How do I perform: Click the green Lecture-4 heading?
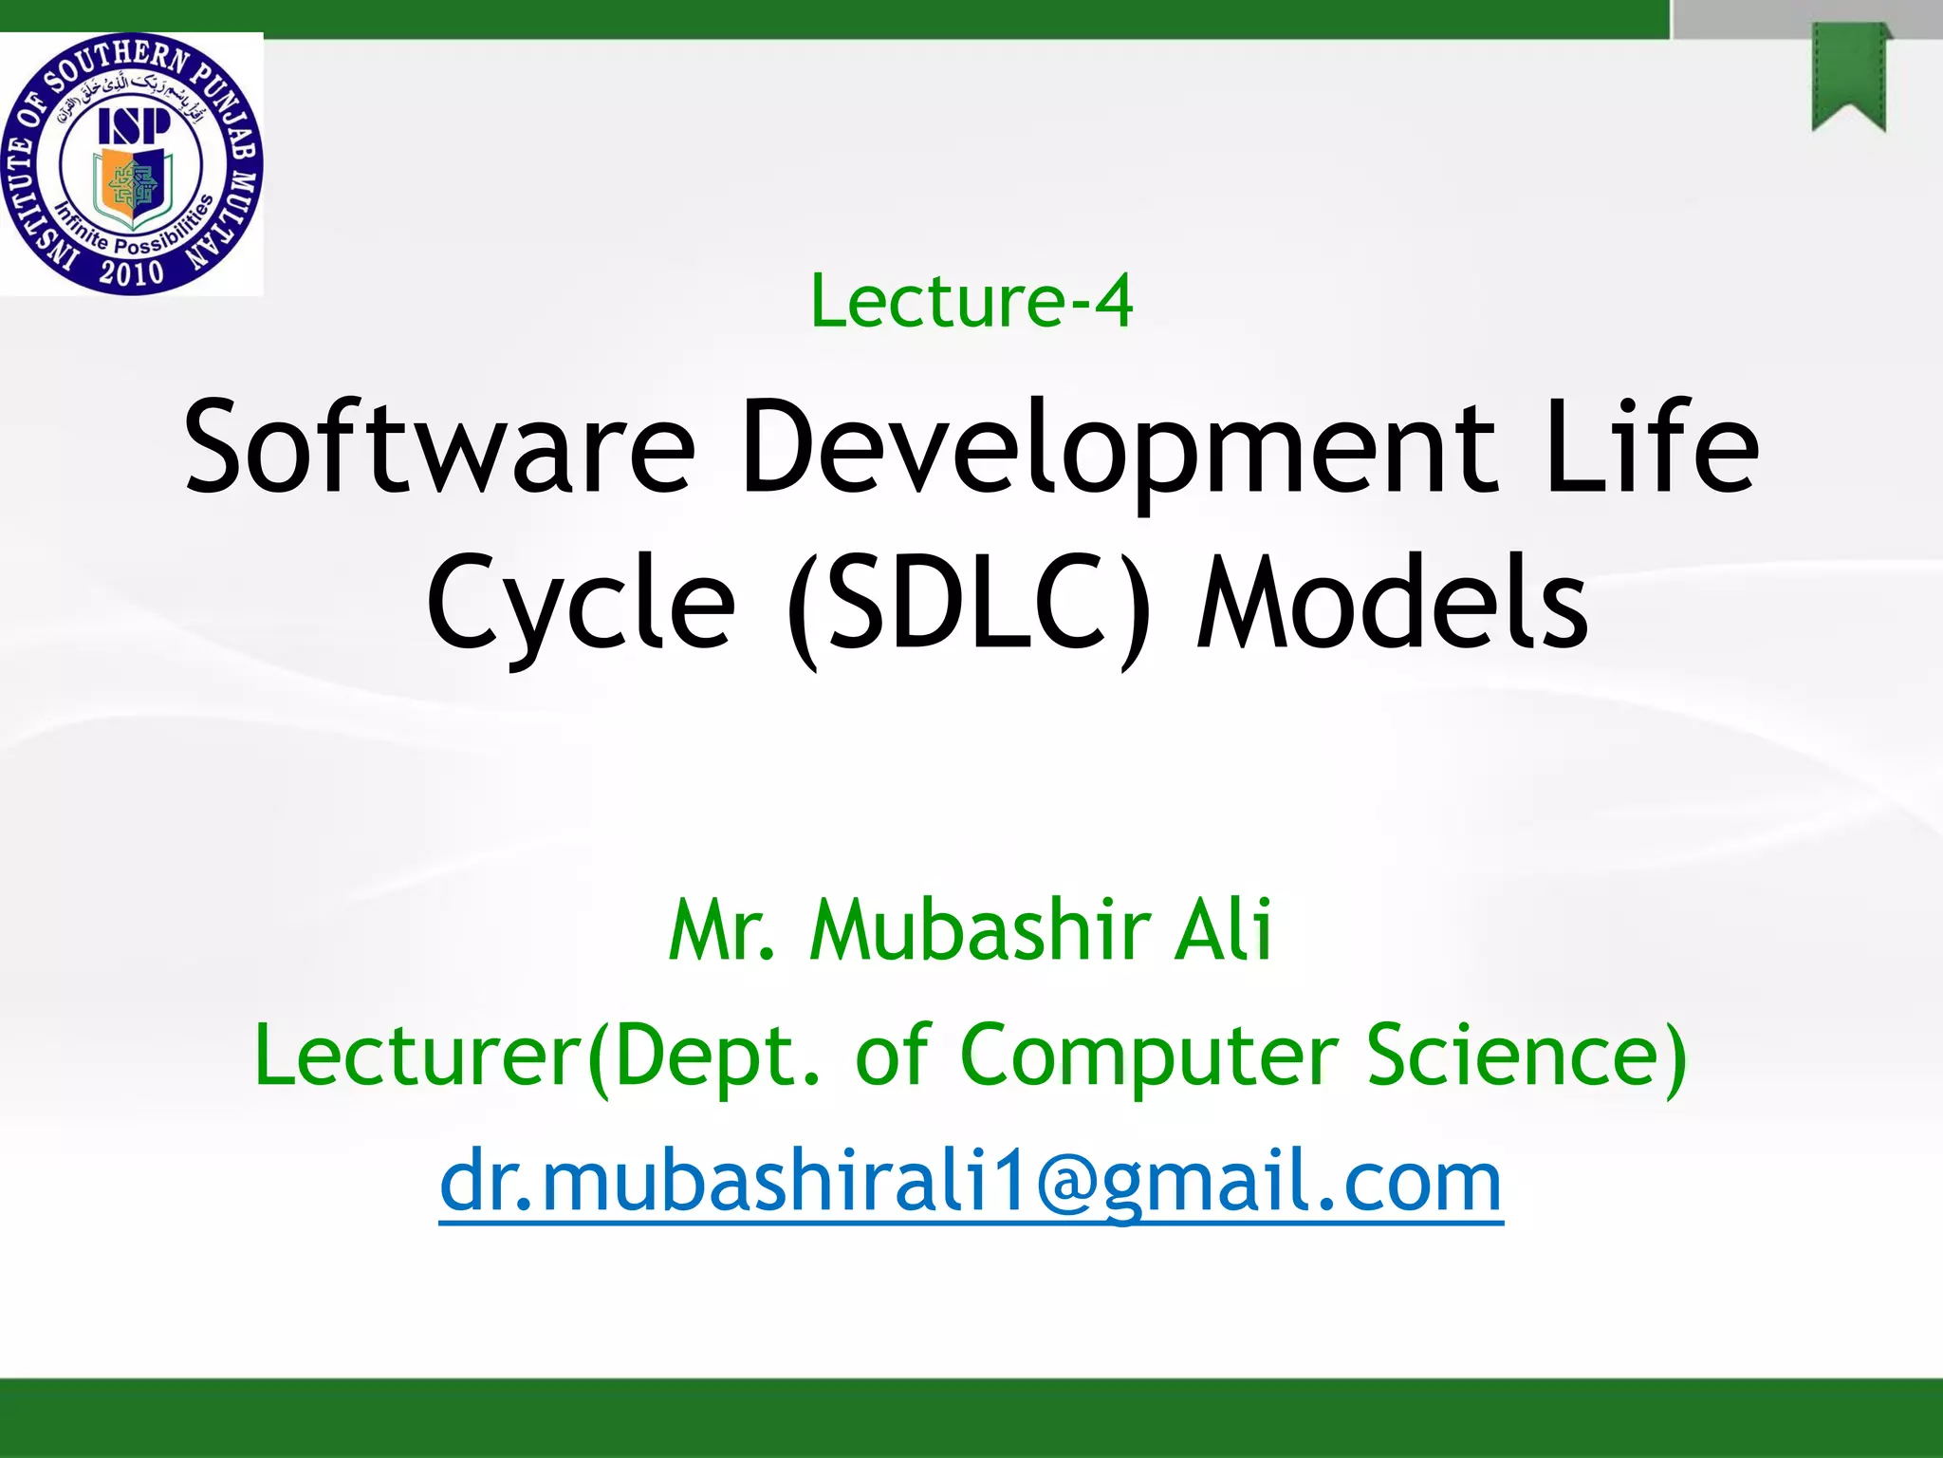971,302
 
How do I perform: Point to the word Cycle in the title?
581,604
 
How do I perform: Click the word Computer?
1149,1056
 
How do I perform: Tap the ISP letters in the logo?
134,126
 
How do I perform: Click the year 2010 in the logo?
132,272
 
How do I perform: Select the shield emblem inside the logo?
132,187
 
